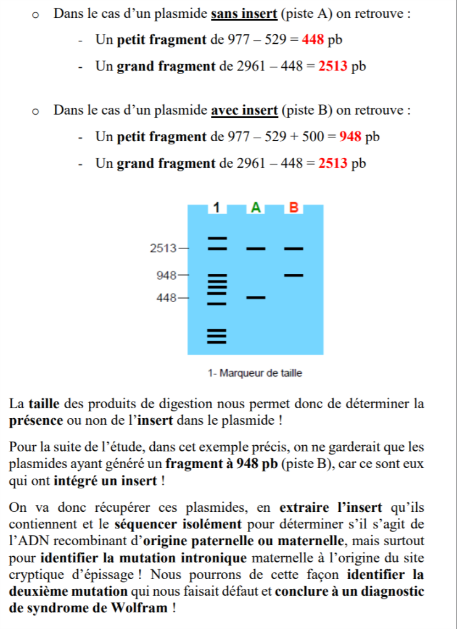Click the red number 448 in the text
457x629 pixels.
(x=313, y=40)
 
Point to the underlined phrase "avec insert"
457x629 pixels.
(x=244, y=111)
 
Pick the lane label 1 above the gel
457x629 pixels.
(x=216, y=208)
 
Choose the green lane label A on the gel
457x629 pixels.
(x=255, y=208)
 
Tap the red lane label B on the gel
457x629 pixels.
(x=294, y=208)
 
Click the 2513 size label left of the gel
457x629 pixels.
(x=163, y=249)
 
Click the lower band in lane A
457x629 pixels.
(x=255, y=298)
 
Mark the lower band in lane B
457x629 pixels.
(x=294, y=274)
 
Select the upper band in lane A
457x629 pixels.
(x=255, y=249)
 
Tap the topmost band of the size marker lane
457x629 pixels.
(x=216, y=237)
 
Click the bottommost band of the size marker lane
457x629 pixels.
(x=216, y=341)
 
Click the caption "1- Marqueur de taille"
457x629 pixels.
(x=255, y=373)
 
